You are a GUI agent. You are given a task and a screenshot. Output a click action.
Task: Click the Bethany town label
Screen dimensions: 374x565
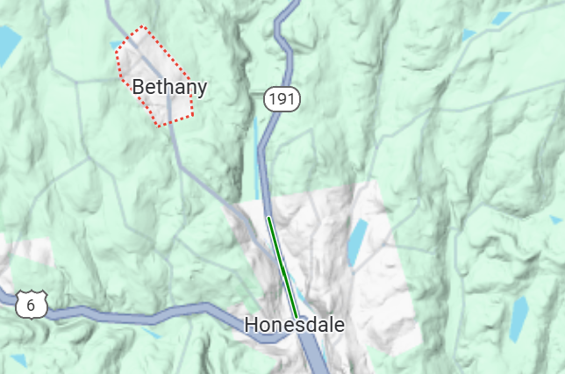[x=169, y=87]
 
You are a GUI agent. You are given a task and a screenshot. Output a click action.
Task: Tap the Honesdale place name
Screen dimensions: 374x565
[x=295, y=325]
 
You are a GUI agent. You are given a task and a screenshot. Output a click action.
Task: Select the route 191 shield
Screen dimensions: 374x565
[x=282, y=99]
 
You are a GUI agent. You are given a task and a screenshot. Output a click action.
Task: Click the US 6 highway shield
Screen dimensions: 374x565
[x=32, y=306]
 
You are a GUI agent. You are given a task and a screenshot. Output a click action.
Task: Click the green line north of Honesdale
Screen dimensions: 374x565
[x=282, y=268]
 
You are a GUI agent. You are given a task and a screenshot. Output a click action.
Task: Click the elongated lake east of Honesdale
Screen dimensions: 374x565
[x=356, y=242]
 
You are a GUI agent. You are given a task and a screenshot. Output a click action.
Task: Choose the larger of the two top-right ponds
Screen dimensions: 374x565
[x=502, y=18]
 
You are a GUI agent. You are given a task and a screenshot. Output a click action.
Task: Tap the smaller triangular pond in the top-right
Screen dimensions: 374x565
[x=468, y=34]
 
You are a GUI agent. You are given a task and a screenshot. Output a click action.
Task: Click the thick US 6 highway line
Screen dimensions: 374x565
[x=132, y=312]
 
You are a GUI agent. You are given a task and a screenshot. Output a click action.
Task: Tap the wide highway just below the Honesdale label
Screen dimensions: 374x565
[x=312, y=351]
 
